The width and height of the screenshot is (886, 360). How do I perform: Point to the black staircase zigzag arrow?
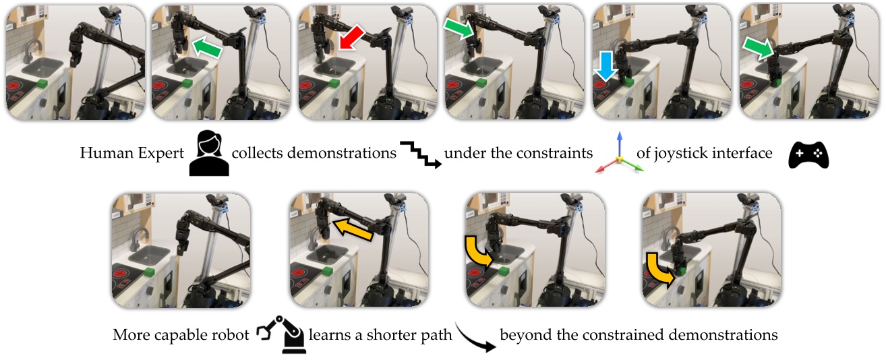coord(421,154)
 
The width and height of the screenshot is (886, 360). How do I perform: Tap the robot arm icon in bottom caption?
coord(282,334)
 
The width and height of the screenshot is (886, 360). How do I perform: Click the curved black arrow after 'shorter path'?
coord(475,336)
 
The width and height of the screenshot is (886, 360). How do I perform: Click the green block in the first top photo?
coord(42,83)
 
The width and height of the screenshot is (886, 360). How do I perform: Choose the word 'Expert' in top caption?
coord(161,154)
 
